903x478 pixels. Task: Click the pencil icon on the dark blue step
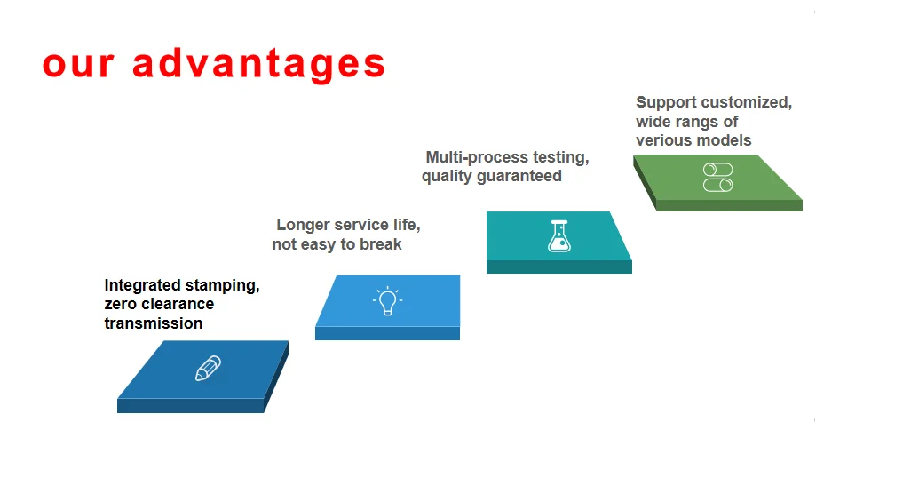coord(208,369)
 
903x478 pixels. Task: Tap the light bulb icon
coord(387,302)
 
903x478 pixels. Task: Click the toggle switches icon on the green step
coord(717,177)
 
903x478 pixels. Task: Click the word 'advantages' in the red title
coord(258,64)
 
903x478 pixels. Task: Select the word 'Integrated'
coord(141,285)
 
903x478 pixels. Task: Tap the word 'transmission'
coord(153,323)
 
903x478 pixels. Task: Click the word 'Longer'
coord(303,225)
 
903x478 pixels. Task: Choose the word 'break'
coord(380,244)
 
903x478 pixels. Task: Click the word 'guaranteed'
coord(519,176)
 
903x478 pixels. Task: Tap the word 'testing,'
coord(560,157)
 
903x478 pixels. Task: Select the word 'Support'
coord(666,102)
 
